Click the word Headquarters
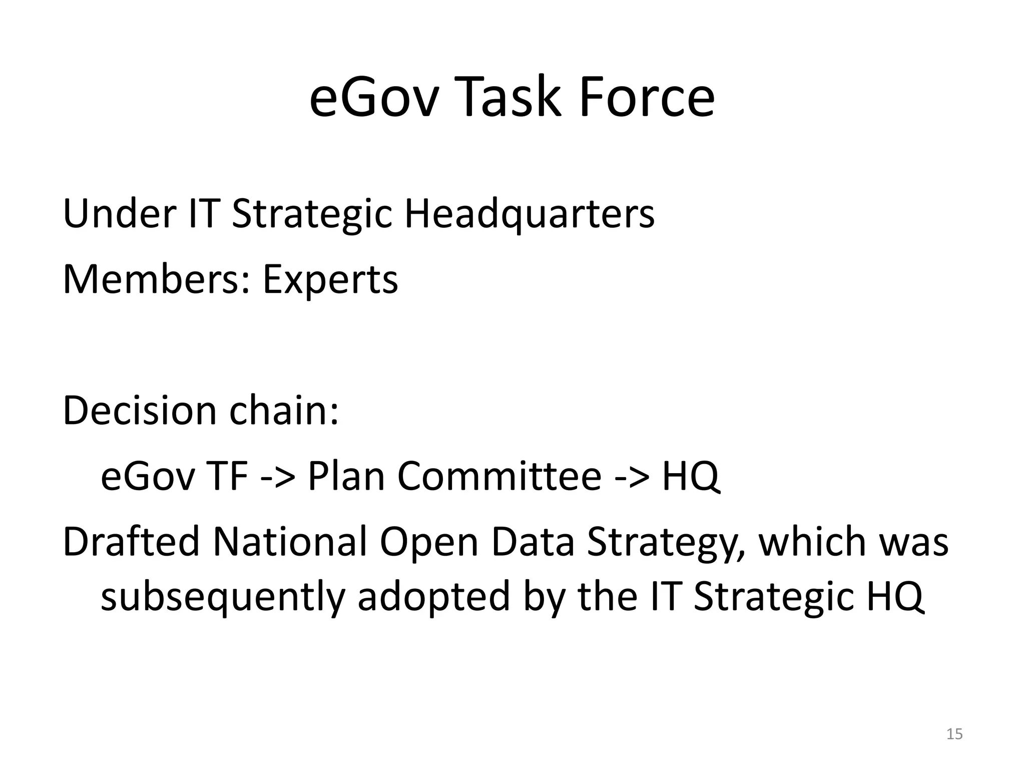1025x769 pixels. pyautogui.click(x=529, y=214)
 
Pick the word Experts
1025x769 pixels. pyautogui.click(x=330, y=279)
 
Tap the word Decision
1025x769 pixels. pyautogui.click(x=140, y=411)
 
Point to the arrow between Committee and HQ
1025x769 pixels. pyautogui.click(x=632, y=477)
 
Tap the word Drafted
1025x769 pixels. pyautogui.click(x=131, y=542)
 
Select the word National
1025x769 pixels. pyautogui.click(x=290, y=542)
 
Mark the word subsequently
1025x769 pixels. pyautogui.click(x=223, y=598)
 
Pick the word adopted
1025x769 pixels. pyautogui.click(x=433, y=598)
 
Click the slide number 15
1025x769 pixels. pyautogui.click(x=954, y=734)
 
